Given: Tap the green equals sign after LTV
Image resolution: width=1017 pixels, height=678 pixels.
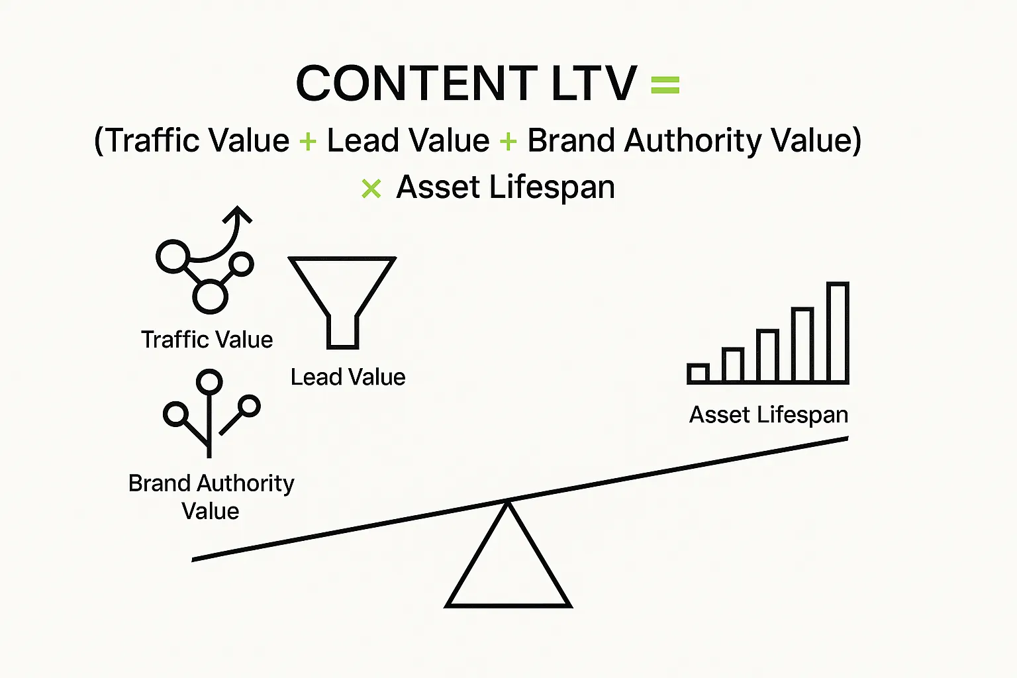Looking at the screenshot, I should click(665, 85).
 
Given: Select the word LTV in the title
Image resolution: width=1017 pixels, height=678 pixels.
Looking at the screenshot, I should click(593, 83).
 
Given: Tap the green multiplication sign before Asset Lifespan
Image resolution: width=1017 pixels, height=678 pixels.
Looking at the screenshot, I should click(371, 189).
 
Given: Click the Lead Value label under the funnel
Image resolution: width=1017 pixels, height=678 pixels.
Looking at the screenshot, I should click(348, 377).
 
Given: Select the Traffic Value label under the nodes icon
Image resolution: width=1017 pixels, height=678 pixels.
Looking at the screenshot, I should click(207, 340).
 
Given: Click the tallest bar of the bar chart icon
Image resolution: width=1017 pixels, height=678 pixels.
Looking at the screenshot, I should click(838, 332).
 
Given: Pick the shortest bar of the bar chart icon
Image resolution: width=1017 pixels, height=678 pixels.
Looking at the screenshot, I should click(698, 373).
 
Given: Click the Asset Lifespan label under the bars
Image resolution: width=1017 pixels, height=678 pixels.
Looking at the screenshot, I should click(768, 415).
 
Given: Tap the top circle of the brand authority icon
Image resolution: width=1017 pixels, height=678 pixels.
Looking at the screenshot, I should click(210, 381).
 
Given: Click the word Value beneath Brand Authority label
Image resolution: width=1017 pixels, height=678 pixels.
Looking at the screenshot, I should click(210, 511).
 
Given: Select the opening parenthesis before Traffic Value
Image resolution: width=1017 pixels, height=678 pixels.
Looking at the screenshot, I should click(99, 141).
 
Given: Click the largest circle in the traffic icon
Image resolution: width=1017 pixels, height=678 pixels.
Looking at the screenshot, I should click(210, 296).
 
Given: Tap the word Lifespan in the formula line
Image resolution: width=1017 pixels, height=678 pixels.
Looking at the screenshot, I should click(552, 187).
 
